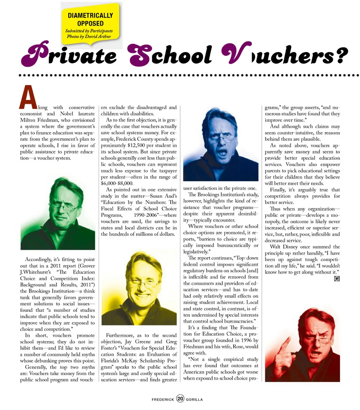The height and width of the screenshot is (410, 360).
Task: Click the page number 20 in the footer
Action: tap(180, 399)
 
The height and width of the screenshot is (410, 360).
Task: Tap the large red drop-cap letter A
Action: tap(28, 97)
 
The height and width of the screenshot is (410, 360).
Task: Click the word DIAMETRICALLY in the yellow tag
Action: tap(90, 16)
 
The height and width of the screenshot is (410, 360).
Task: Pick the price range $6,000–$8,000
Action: tap(117, 183)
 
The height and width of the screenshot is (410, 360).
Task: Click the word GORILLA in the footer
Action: tap(194, 399)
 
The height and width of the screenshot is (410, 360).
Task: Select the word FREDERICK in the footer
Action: tap(163, 399)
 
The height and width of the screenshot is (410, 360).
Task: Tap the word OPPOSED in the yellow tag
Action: tap(90, 23)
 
